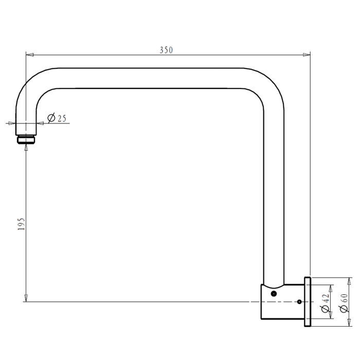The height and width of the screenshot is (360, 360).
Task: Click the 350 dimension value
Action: coord(166,50)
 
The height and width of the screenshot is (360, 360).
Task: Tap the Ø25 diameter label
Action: coord(57,118)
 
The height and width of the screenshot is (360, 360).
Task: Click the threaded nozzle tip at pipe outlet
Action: coord(26,139)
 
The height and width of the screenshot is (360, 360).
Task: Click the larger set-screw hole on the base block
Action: coord(274,293)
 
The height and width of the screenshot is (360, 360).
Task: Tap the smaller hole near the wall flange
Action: coord(299,302)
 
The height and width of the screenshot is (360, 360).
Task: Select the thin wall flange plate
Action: coord(308,302)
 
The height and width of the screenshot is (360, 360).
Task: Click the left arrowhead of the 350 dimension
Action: coord(29,54)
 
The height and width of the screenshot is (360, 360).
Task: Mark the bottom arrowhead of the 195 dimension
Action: coord(26,298)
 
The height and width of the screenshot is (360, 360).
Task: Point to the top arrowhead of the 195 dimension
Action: coord(26,149)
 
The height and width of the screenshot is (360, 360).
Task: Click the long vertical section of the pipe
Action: coord(273,195)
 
